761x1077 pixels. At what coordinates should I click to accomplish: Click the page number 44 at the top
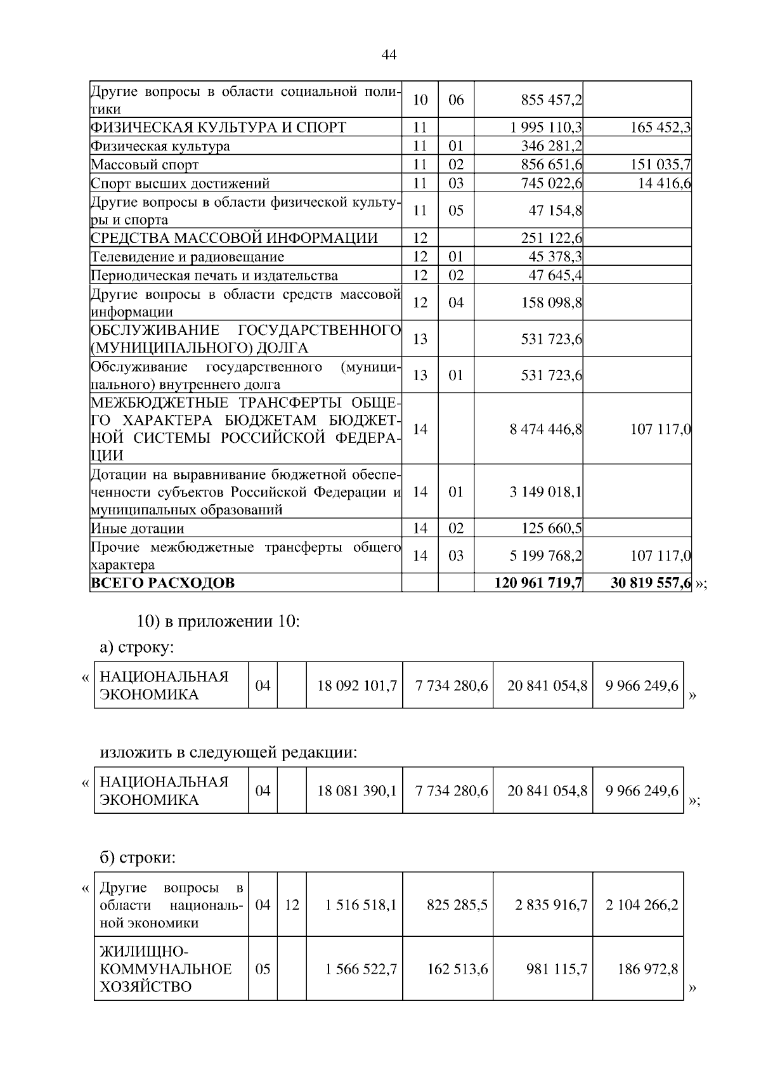point(389,55)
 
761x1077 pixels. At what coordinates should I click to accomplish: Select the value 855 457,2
point(551,100)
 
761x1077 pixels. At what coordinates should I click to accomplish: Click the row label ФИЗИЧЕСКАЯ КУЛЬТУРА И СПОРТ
point(219,127)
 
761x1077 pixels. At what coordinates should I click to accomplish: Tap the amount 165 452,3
point(660,127)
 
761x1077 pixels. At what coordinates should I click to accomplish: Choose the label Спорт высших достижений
point(181,183)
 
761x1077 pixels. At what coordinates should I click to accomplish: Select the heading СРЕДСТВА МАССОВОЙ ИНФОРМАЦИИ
point(234,238)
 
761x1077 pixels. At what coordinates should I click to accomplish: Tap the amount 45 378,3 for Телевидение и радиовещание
point(555,256)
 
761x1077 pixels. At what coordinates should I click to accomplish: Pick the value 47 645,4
point(555,275)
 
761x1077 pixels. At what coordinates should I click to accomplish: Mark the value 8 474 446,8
point(546,429)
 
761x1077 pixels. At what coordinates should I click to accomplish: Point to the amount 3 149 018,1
point(546,492)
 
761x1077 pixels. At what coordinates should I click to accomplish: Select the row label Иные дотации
point(138,528)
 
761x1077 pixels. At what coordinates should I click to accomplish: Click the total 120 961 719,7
point(538,583)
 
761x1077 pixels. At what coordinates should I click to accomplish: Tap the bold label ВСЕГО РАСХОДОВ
point(162,583)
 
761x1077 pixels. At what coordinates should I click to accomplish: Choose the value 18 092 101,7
point(356,686)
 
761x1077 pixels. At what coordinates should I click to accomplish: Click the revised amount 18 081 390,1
point(356,791)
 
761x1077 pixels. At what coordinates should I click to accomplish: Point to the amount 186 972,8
point(647,969)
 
